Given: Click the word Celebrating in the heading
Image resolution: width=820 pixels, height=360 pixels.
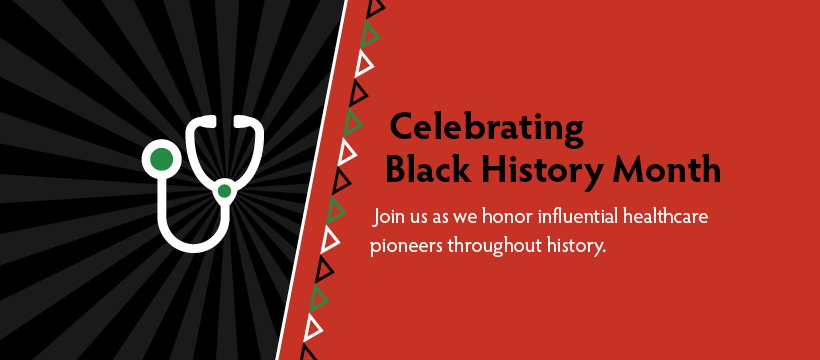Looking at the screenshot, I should [486, 128].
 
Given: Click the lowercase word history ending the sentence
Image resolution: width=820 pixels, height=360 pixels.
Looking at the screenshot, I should [575, 245].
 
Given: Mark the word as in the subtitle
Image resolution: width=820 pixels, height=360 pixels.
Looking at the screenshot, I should [446, 217].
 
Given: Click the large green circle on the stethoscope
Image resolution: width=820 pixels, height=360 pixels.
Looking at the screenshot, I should [161, 157].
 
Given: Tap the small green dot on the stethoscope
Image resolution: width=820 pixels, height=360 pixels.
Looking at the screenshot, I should [225, 190].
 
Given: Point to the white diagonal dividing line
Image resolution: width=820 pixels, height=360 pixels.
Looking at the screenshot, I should [312, 180].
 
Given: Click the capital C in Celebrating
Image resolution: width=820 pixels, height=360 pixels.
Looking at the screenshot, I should [402, 128].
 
